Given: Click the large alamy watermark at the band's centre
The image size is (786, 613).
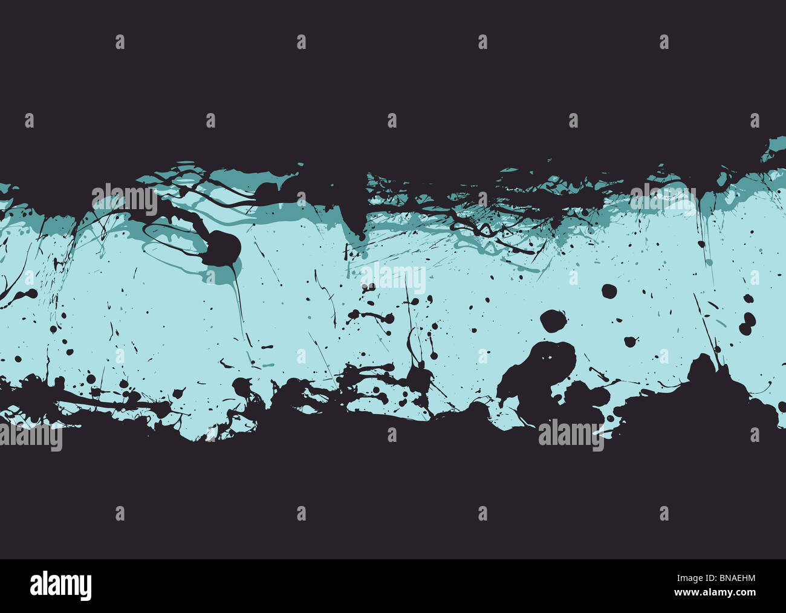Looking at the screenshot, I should click(x=393, y=279).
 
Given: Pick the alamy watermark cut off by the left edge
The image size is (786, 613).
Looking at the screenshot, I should click(x=30, y=438).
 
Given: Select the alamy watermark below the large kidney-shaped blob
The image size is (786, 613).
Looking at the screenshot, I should click(x=570, y=435).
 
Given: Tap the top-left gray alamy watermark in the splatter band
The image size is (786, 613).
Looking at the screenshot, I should click(x=124, y=199).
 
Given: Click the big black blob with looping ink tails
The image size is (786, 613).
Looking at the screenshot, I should click(x=224, y=247).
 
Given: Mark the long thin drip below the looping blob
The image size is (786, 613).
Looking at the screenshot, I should click(x=238, y=302).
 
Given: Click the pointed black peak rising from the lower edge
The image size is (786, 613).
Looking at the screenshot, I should click(x=703, y=369).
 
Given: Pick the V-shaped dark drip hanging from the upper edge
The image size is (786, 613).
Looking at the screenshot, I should click(x=356, y=224).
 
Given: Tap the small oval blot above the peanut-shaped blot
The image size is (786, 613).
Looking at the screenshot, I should click(x=748, y=299).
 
